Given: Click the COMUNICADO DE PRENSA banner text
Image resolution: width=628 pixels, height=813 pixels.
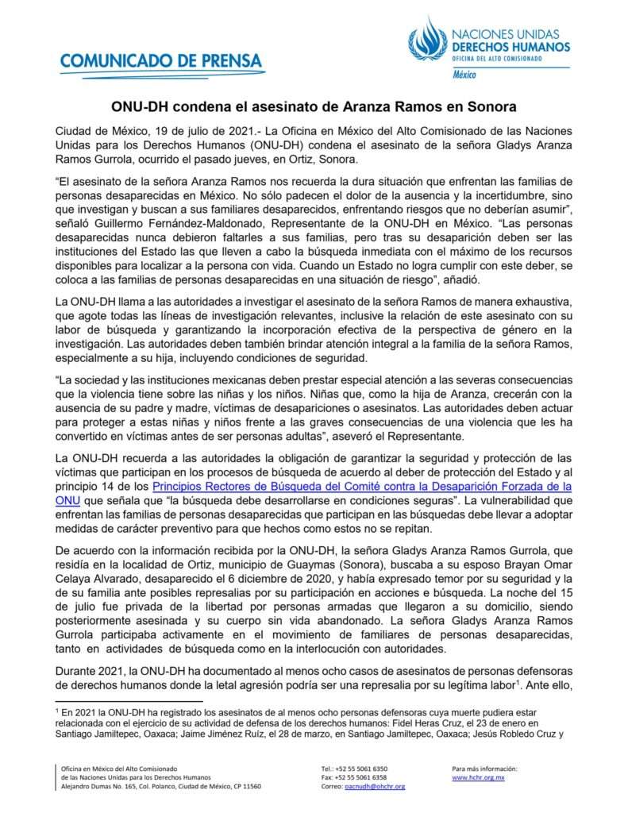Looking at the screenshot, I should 160,60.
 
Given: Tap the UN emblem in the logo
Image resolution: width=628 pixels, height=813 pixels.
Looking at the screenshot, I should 427,40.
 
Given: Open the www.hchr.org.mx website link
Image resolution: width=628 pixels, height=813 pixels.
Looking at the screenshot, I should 473,777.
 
